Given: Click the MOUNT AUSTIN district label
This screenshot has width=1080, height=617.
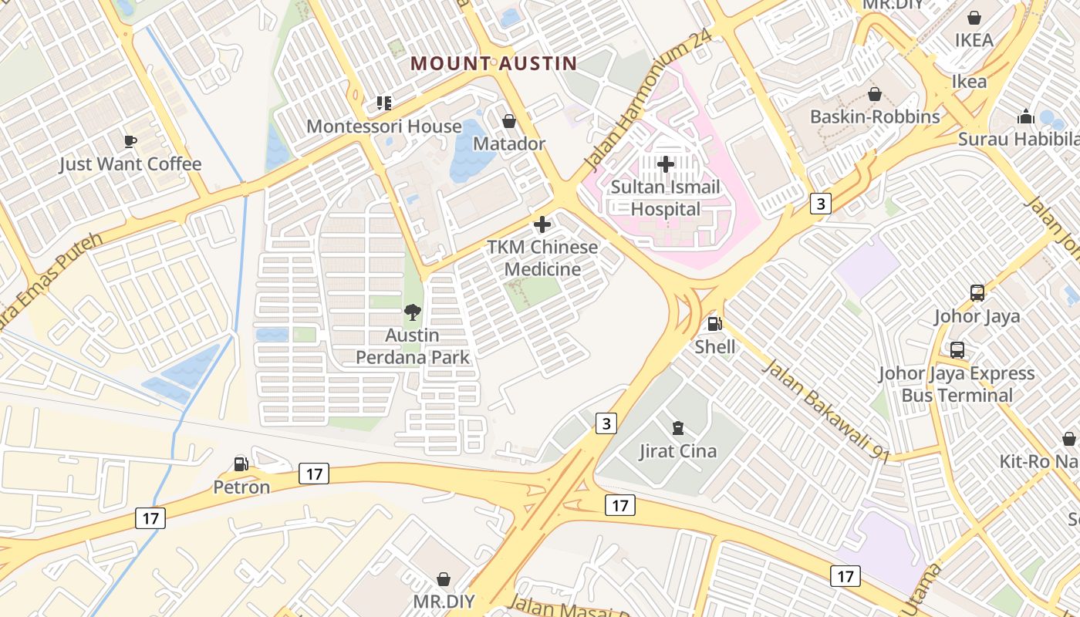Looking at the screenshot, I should coord(493,63).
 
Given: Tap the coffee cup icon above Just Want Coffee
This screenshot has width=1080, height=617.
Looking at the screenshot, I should coord(130,141).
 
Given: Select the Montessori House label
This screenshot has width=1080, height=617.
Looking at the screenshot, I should coord(384,126).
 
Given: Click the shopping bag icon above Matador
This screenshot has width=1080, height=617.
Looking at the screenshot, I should coord(509,121).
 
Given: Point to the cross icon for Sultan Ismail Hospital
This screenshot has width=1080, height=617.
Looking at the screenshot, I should coord(666,164).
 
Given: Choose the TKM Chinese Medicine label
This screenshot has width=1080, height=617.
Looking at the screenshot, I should coord(542,258).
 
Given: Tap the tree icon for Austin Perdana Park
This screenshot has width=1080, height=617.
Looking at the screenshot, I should coord(413,312).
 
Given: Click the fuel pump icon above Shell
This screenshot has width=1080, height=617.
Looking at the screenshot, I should coord(715,325).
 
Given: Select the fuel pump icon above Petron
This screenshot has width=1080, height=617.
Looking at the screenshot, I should coord(241,464).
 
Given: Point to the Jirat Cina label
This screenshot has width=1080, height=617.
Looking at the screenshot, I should coord(678,451).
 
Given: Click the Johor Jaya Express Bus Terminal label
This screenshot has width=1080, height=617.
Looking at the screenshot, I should coord(957,384).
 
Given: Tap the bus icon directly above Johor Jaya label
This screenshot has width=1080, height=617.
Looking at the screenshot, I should coord(977,293).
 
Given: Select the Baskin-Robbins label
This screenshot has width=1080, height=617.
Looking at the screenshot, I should coord(875,116).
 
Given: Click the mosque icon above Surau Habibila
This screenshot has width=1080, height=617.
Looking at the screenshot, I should coord(1026,116).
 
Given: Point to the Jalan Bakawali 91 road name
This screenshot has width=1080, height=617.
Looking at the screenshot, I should coord(826,410).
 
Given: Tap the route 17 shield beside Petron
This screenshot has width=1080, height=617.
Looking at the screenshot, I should coord(314,474).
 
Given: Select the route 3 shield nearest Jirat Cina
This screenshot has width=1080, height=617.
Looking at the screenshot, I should coord(607,423).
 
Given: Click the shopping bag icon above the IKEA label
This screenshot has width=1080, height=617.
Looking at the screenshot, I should coord(974,18).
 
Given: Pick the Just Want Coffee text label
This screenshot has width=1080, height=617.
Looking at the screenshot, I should coord(130,164).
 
